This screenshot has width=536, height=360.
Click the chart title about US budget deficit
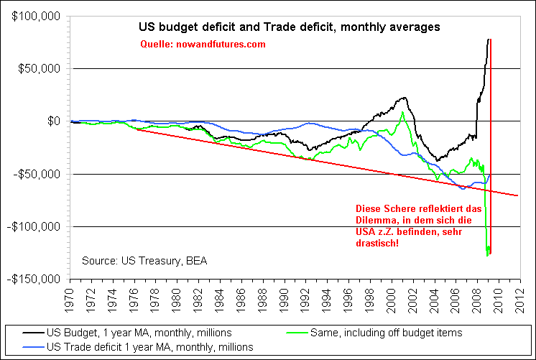[x=289, y=27]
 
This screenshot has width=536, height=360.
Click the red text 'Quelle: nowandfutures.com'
[x=203, y=45]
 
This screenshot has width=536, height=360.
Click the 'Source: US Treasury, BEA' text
[x=144, y=260]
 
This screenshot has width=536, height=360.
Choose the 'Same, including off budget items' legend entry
[x=384, y=333]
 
